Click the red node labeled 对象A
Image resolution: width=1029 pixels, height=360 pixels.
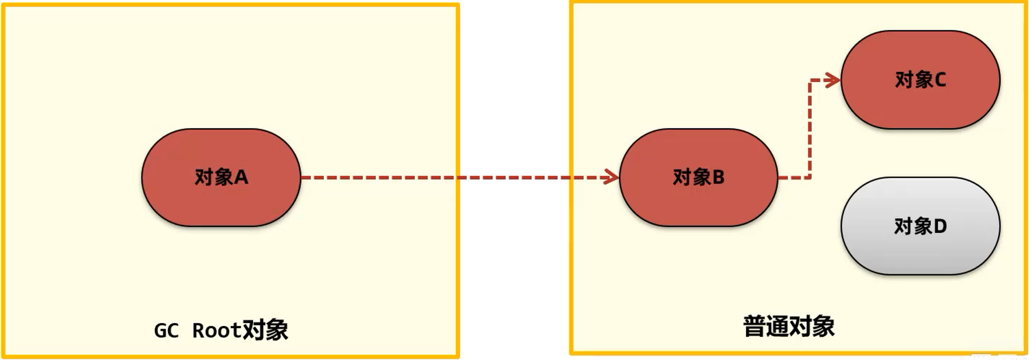click(221, 178)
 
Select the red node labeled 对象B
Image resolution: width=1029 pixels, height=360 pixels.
click(698, 178)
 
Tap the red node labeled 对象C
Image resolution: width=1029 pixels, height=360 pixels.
click(920, 80)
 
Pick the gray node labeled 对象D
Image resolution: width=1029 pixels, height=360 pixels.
click(920, 226)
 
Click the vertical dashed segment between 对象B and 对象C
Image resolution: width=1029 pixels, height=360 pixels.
click(810, 130)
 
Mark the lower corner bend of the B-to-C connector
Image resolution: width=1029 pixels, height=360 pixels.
click(810, 177)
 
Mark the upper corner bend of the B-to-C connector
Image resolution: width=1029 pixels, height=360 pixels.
click(810, 81)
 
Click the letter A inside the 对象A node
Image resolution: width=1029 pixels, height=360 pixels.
click(241, 178)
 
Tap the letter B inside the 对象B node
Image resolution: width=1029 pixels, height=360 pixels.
click(718, 178)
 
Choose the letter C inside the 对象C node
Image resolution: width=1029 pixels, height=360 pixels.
click(940, 80)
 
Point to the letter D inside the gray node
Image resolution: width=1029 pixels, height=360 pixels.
click(940, 226)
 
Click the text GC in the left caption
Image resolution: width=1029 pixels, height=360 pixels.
click(166, 331)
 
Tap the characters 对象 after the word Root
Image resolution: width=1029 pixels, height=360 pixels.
click(265, 330)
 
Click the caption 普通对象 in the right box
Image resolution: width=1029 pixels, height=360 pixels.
click(789, 326)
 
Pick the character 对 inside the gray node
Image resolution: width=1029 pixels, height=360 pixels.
click(903, 226)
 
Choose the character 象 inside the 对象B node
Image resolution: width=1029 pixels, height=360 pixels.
click(701, 178)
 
